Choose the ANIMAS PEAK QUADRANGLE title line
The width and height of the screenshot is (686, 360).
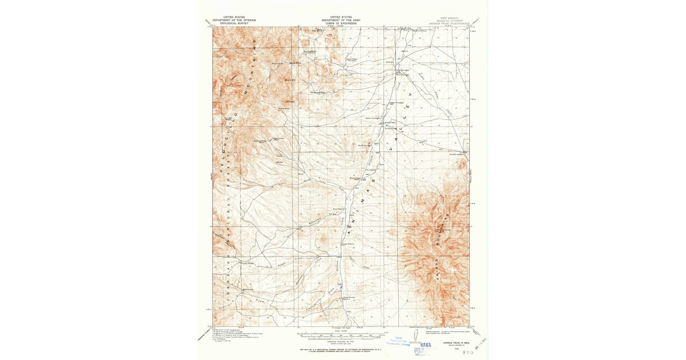pyautogui.click(x=449, y=23)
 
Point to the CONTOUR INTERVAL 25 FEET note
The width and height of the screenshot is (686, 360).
pyautogui.click(x=342, y=340)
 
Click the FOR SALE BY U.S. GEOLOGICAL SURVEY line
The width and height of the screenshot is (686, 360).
pyautogui.click(x=342, y=347)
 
